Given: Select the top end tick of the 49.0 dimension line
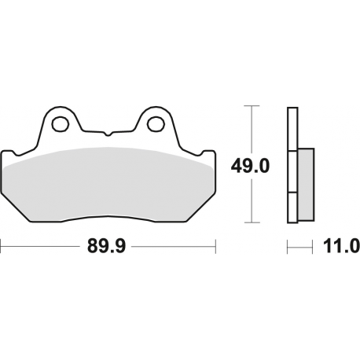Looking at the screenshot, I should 251,105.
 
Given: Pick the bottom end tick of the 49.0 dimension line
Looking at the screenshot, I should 251,222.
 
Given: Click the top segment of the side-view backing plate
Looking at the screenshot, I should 291,126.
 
